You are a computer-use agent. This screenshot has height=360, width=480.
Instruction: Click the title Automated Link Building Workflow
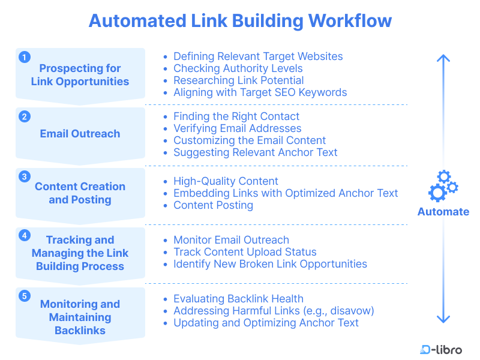click(240, 20)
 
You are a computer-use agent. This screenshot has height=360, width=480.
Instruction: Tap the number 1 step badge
click(24, 57)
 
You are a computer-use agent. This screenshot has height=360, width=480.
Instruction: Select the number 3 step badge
click(24, 176)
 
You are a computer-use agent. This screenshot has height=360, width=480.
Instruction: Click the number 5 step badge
click(24, 296)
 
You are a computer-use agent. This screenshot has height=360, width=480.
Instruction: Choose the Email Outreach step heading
click(80, 134)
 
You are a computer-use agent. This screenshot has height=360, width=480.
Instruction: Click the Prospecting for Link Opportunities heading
click(80, 75)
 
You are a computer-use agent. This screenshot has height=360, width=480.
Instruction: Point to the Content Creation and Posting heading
click(80, 193)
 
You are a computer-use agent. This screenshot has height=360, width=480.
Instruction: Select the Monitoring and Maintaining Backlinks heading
click(80, 317)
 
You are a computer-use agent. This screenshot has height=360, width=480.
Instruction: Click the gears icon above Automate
click(443, 186)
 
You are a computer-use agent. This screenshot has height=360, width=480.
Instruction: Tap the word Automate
click(443, 212)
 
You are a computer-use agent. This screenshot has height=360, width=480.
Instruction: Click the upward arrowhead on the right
click(443, 59)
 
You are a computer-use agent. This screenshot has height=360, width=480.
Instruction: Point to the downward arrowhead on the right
click(443, 319)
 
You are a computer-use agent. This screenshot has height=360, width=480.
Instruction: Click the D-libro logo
click(441, 350)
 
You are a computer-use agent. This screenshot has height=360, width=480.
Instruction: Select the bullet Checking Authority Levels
click(238, 68)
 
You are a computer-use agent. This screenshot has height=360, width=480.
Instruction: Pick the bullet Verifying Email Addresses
click(237, 128)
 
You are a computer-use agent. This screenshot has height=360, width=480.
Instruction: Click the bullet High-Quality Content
click(226, 181)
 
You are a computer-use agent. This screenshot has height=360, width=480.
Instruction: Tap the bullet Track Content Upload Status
click(245, 252)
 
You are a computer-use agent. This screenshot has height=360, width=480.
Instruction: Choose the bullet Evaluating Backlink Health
click(238, 299)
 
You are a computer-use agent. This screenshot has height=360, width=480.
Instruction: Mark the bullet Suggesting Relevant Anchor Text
click(255, 152)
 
